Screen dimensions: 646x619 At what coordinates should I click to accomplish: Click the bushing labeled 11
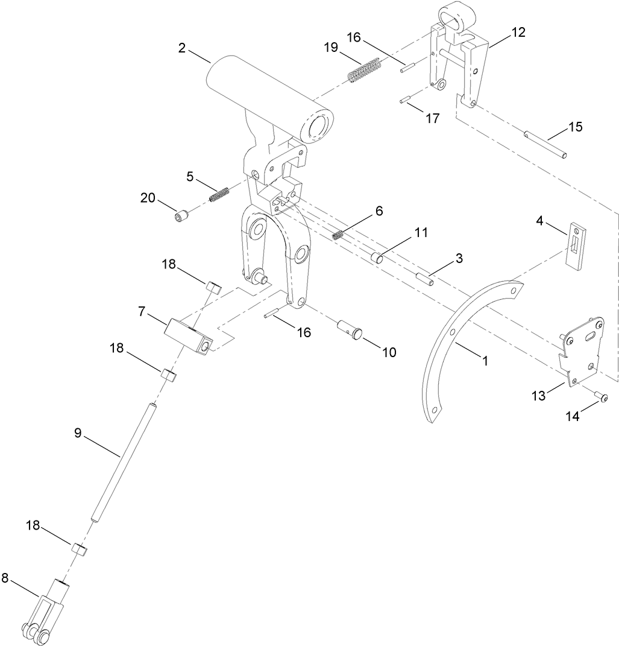point(379,258)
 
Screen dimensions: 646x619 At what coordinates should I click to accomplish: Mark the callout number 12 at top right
point(518,33)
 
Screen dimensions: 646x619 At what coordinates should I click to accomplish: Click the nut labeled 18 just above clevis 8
point(79,549)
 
